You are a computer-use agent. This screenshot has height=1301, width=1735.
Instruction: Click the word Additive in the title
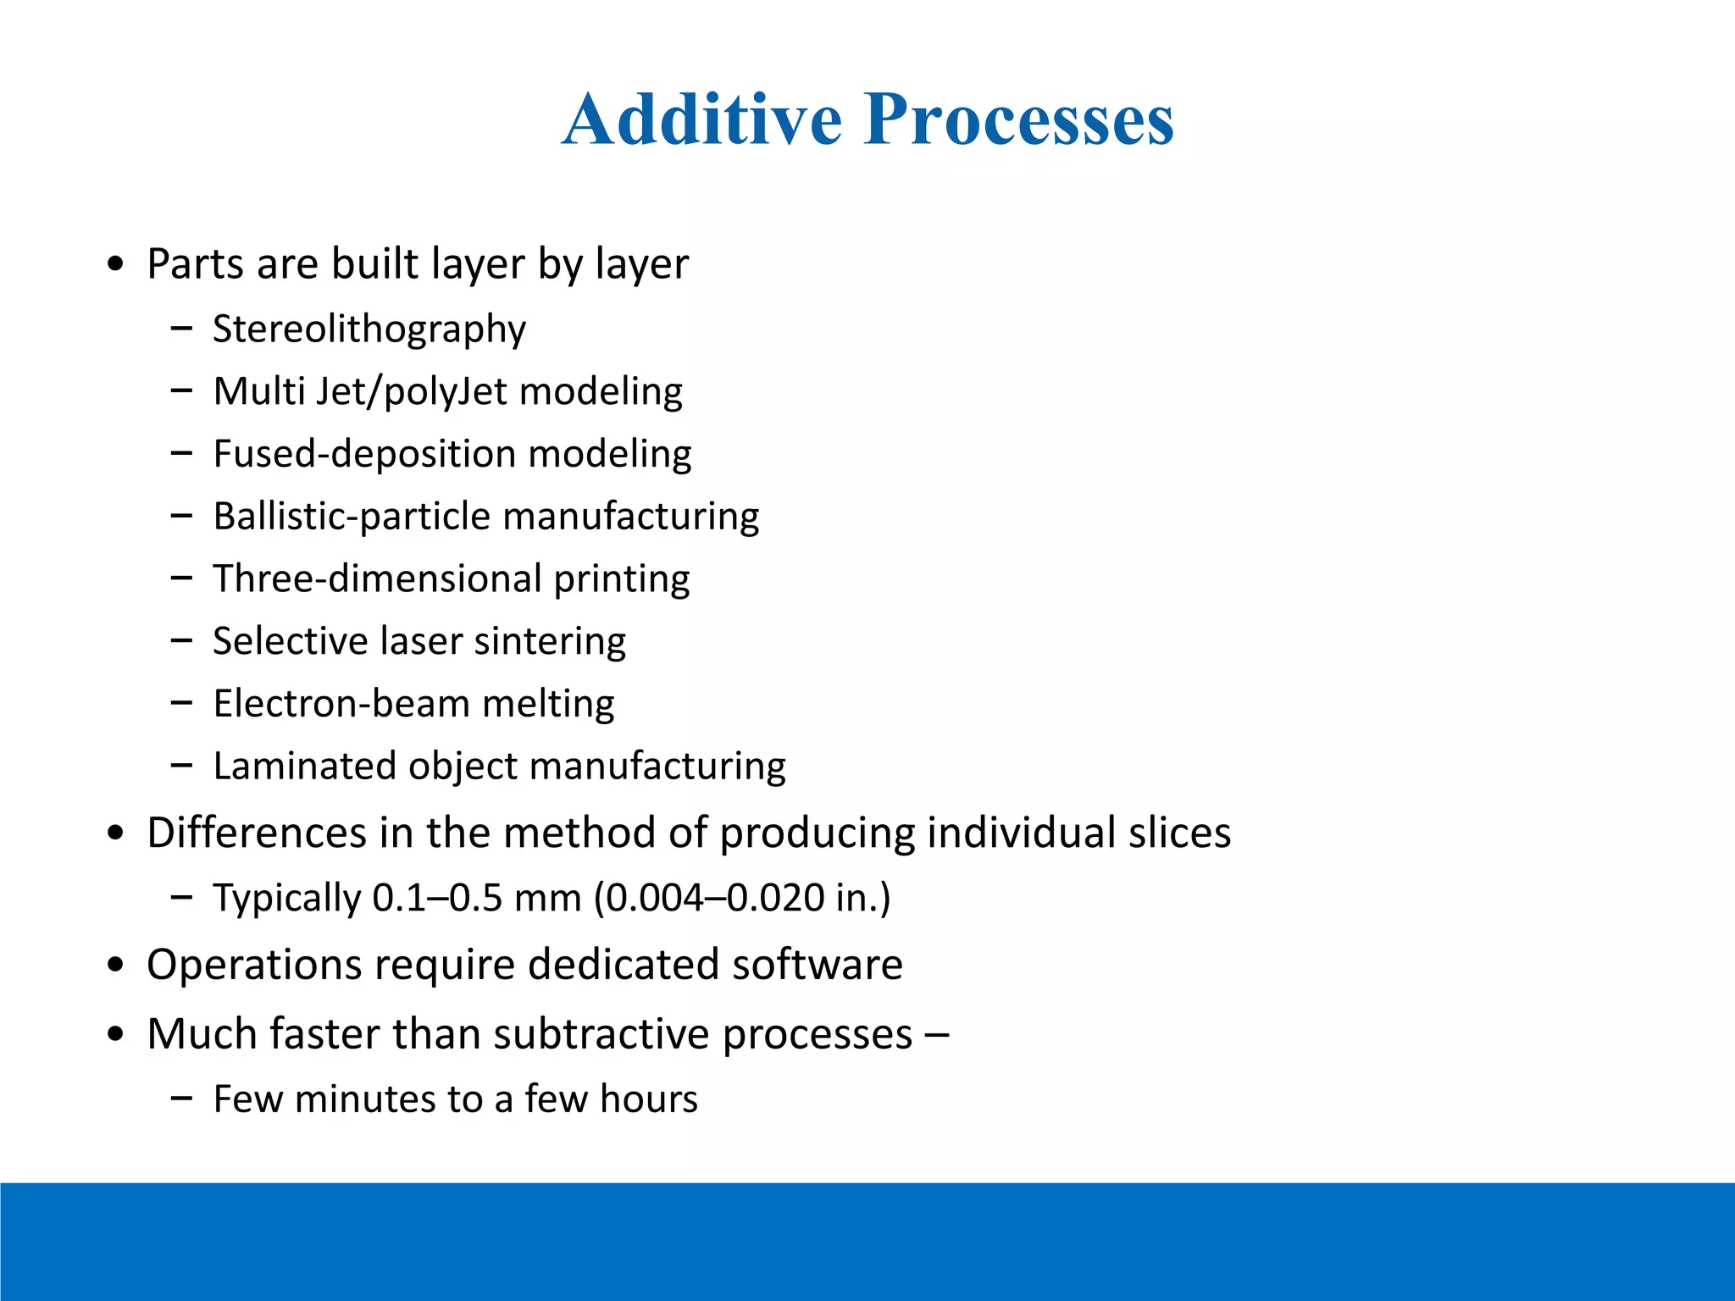(x=701, y=119)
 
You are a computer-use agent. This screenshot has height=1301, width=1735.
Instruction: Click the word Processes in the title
(x=1018, y=119)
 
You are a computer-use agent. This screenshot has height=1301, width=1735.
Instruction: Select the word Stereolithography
(x=369, y=329)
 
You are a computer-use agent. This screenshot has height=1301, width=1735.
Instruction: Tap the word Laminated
(x=303, y=767)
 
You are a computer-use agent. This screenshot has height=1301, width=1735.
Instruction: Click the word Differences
(x=256, y=833)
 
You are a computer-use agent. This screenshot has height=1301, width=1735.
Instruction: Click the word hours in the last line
(x=649, y=1099)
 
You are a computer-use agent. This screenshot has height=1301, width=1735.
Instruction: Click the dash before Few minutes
(x=181, y=1099)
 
